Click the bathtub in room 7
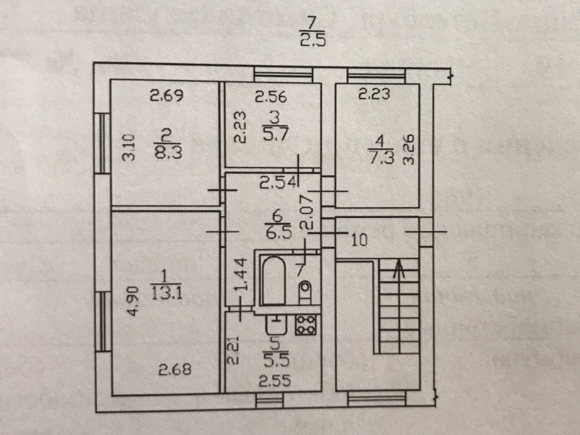[x=273, y=281]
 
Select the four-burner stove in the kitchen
[x=306, y=325]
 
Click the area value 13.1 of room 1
[x=167, y=293]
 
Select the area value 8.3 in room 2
[x=168, y=152]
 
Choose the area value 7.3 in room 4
[x=382, y=157]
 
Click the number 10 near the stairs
[x=359, y=240]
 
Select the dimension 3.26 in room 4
[x=408, y=149]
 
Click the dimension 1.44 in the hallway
[x=241, y=274]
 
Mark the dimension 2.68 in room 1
[x=175, y=369]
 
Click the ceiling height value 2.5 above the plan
[x=313, y=40]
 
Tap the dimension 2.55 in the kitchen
[x=275, y=381]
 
